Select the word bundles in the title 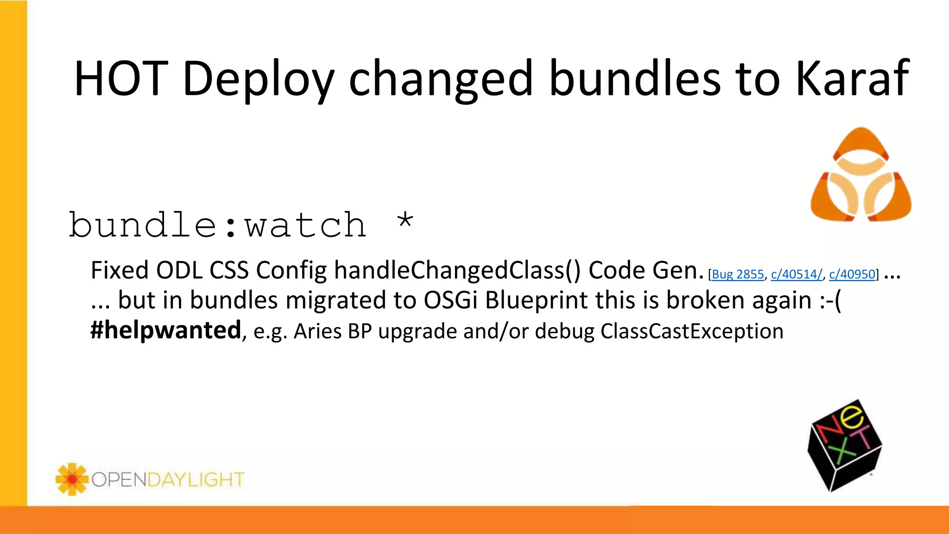click(635, 79)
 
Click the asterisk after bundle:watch click(405, 222)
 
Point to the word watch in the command click(306, 225)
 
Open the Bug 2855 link click(737, 274)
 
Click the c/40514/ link click(797, 274)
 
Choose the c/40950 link click(852, 274)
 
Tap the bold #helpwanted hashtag click(166, 331)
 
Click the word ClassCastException click(692, 331)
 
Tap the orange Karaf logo click(860, 175)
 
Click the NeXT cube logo click(844, 445)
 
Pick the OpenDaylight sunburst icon click(72, 479)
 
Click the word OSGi click(450, 300)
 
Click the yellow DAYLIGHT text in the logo click(196, 479)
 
